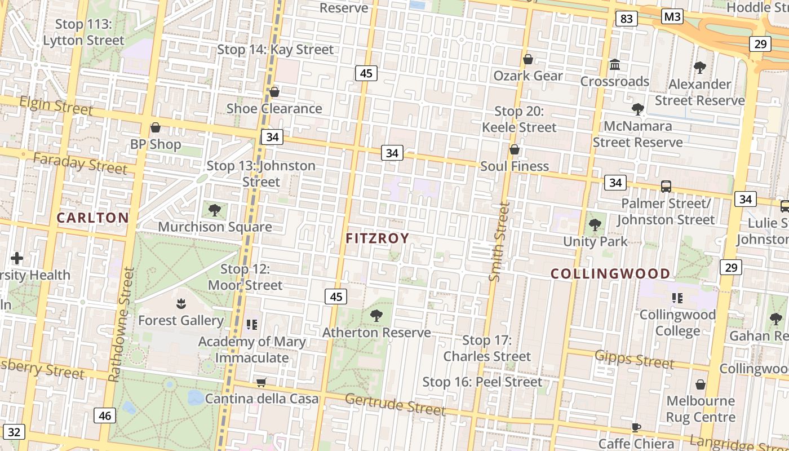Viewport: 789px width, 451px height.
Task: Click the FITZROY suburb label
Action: tap(377, 238)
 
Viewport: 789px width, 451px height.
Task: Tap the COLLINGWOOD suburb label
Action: tap(610, 274)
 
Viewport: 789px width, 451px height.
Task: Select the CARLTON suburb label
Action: tap(92, 218)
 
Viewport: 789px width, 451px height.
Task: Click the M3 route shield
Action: tap(672, 17)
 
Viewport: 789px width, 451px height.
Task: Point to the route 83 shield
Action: tap(626, 19)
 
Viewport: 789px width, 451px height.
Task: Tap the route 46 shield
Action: tap(105, 416)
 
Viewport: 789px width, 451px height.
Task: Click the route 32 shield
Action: tap(14, 432)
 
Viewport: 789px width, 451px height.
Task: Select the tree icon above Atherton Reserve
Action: tap(376, 316)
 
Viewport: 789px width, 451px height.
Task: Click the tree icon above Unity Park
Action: tap(595, 225)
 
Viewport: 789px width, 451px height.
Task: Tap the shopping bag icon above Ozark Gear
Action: tap(528, 59)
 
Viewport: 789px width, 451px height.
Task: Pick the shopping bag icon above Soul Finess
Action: tap(514, 149)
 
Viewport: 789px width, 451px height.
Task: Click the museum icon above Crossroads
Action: tap(615, 65)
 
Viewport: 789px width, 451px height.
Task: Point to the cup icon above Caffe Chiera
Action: tap(636, 427)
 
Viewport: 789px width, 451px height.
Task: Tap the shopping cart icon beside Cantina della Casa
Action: tap(261, 383)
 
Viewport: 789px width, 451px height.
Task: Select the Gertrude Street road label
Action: tap(395, 404)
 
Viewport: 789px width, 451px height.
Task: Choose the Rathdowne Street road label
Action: tap(122, 324)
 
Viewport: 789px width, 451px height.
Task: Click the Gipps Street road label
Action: tap(634, 359)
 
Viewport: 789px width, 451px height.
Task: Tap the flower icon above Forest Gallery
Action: tap(181, 304)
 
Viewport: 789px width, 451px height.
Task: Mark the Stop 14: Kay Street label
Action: tap(276, 50)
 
